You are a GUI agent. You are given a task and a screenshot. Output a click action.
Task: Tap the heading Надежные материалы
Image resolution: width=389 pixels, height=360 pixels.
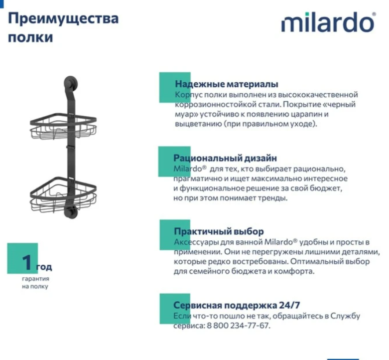point(226,84)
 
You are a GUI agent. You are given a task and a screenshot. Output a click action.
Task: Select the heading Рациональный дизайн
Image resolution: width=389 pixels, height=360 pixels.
point(225,159)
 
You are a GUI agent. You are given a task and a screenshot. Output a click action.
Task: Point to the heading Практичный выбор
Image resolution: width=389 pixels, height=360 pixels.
point(219,231)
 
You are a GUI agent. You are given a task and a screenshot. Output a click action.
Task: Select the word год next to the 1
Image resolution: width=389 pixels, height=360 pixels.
point(44,267)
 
